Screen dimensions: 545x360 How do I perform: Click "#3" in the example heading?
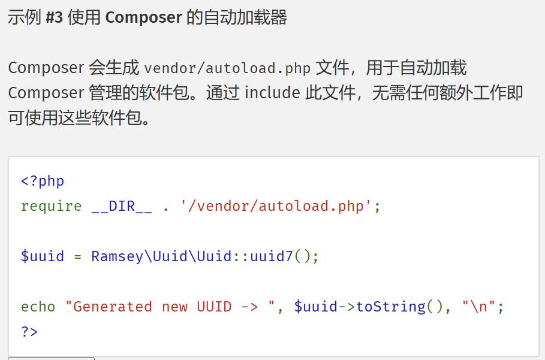pos(55,17)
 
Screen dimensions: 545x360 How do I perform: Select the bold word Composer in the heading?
pos(143,17)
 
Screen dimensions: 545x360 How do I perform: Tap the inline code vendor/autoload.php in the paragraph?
pos(227,68)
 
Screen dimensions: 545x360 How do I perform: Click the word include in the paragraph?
pos(272,93)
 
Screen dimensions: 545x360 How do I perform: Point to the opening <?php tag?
pos(43,181)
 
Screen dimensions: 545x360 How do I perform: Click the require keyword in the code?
pos(51,206)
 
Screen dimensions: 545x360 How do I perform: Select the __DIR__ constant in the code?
pos(122,206)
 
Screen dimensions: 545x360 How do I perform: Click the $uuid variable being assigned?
pos(43,256)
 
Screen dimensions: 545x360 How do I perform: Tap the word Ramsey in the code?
pos(118,256)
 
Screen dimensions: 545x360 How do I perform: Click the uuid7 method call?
pos(272,256)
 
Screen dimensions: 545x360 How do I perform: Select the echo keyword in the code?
pos(38,307)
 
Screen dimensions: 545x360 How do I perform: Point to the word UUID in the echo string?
pos(214,307)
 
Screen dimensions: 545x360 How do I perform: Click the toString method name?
pos(391,307)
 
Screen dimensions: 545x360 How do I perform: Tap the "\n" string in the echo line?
pos(479,307)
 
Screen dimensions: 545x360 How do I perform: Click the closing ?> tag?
pos(29,331)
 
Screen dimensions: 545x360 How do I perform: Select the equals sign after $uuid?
pos(77,256)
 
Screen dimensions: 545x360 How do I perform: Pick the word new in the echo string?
pos(174,307)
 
